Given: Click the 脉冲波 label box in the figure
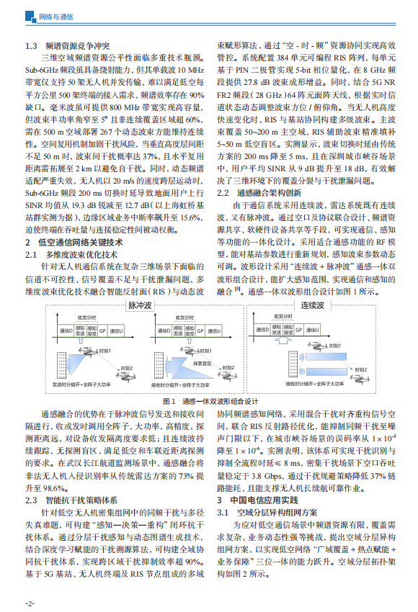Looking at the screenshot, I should click(143, 305).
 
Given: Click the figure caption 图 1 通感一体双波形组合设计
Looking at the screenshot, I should click(209, 400).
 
